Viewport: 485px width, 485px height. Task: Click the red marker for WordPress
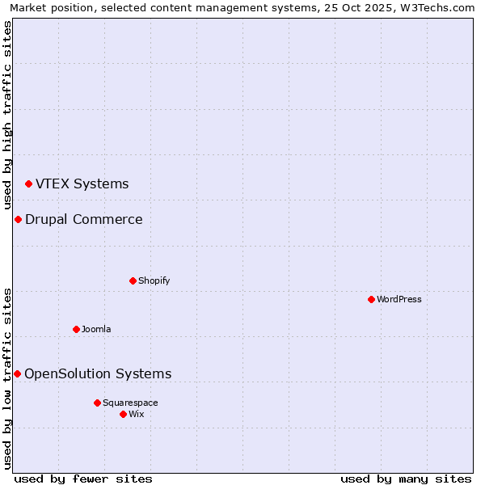point(371,299)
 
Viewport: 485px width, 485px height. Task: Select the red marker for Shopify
point(133,280)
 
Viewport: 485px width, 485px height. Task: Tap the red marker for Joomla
point(76,329)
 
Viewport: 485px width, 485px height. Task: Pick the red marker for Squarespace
point(97,403)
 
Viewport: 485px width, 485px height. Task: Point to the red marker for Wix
point(123,414)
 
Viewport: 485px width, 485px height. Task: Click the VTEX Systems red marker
point(28,184)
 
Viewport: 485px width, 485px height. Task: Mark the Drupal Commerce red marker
point(18,220)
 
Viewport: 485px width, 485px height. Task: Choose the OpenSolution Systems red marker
point(17,373)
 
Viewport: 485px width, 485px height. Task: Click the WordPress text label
point(399,299)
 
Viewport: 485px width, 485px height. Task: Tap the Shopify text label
point(154,280)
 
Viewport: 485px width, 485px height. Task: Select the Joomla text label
point(96,329)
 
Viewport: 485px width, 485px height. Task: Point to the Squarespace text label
point(130,403)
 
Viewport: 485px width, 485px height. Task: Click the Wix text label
point(137,414)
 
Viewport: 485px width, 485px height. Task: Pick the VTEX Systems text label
point(82,183)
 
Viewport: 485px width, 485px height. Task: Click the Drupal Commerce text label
point(84,219)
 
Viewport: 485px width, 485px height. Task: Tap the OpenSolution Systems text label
point(98,373)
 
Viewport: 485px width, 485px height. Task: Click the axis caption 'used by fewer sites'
point(83,479)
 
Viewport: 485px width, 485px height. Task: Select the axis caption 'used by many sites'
point(406,479)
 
